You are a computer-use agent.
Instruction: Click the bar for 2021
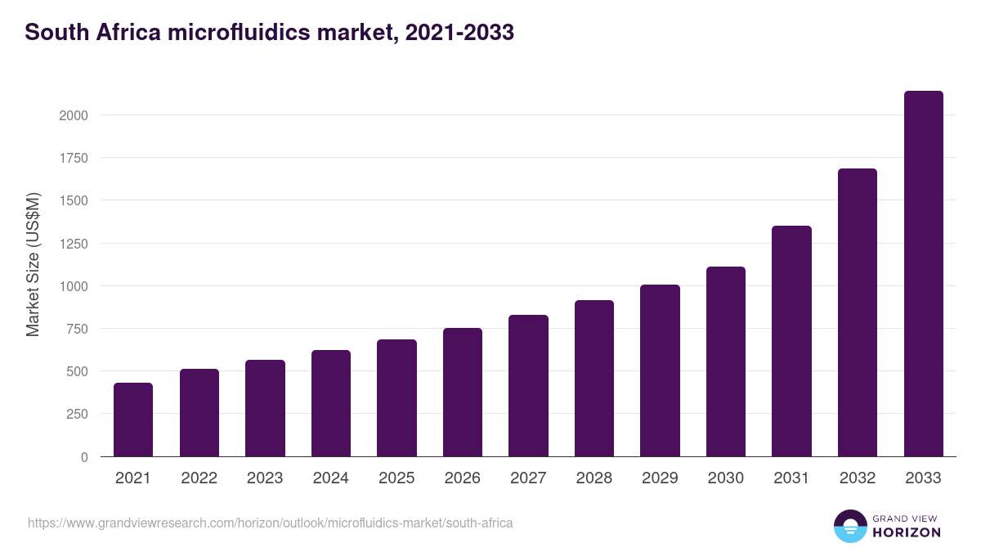click(x=133, y=420)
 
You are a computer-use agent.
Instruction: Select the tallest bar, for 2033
click(x=924, y=274)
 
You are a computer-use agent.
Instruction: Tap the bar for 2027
click(x=528, y=386)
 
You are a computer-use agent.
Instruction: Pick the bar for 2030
click(x=726, y=361)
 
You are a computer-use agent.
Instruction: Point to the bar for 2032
click(x=858, y=312)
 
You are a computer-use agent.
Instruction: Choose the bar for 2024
click(x=331, y=403)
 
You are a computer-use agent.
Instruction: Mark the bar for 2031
click(x=791, y=341)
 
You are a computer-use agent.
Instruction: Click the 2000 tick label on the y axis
click(x=74, y=115)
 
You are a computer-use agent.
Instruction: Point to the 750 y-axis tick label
click(x=77, y=329)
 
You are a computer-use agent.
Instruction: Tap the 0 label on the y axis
click(x=84, y=457)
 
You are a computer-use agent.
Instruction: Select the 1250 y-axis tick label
click(x=74, y=244)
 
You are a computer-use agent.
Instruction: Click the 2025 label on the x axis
click(x=396, y=478)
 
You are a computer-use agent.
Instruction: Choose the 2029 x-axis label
click(x=660, y=478)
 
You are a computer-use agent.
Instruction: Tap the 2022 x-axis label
click(x=199, y=478)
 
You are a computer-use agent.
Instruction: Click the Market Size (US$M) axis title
click(x=33, y=264)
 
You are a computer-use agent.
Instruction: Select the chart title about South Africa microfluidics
click(x=270, y=33)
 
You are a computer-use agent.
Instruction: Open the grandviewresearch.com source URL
click(x=271, y=523)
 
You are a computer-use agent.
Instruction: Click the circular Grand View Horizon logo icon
click(x=849, y=526)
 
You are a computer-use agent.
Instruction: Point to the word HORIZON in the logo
click(x=906, y=532)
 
